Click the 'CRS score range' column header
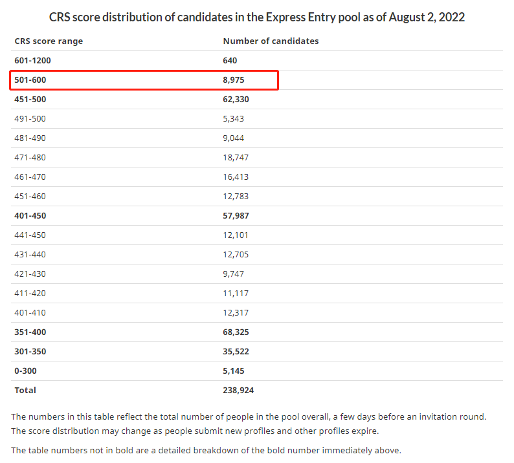[49, 41]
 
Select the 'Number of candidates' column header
[271, 41]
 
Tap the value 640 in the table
[230, 61]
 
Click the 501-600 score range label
[30, 80]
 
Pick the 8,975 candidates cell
[234, 80]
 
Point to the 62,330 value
[236, 99]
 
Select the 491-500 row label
[30, 119]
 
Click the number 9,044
[234, 138]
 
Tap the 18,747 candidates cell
[236, 158]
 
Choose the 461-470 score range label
[30, 177]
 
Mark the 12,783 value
[236, 197]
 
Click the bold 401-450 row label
[30, 216]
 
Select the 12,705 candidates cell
[236, 254]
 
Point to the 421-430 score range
[30, 274]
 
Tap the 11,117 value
[236, 294]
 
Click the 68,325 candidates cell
[236, 332]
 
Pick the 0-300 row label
[25, 371]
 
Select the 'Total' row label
[25, 391]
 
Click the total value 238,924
[238, 391]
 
